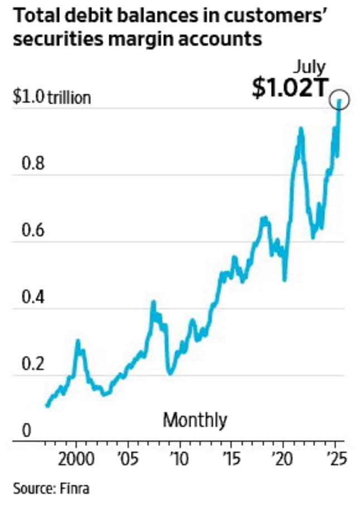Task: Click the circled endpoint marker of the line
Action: (x=338, y=100)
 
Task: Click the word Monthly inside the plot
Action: (x=195, y=420)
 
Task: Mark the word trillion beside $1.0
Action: (x=69, y=99)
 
